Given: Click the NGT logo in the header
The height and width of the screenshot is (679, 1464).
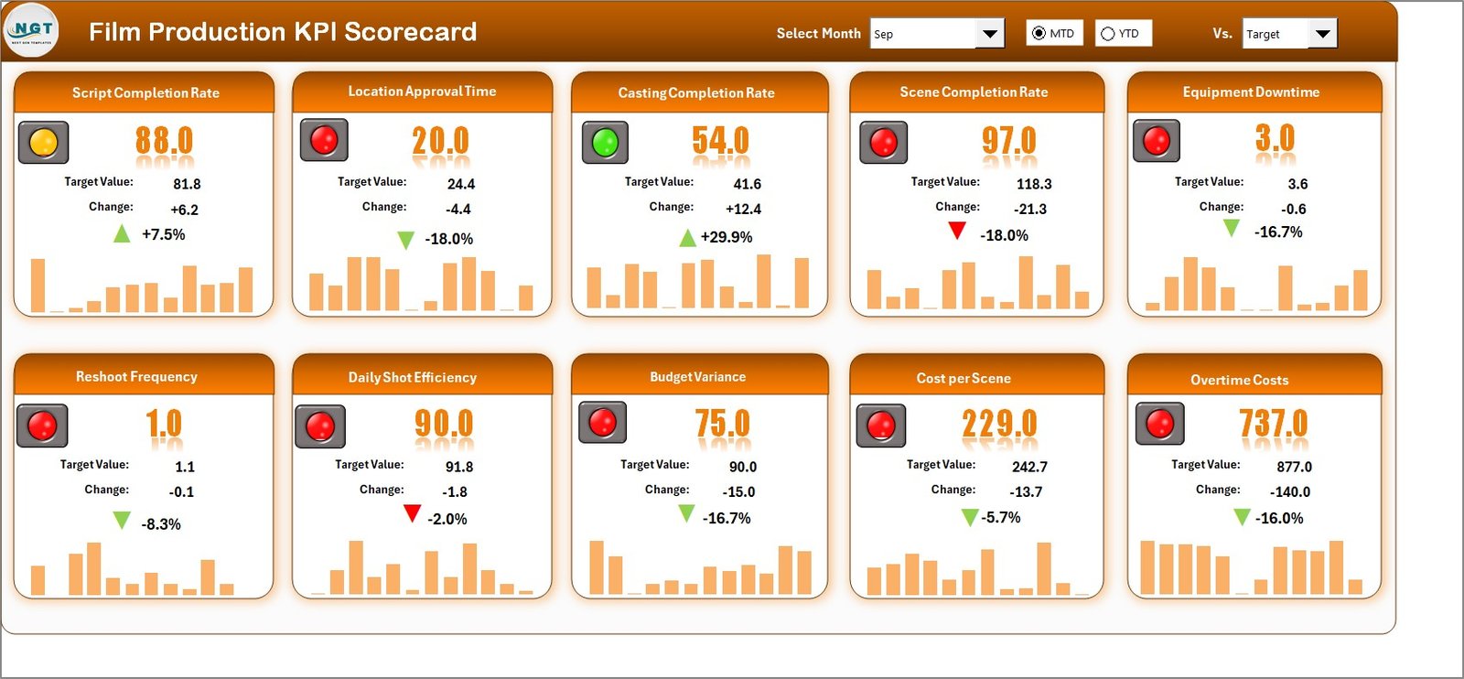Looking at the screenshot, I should click(x=31, y=30).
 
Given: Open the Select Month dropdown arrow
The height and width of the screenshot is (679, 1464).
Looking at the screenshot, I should click(x=989, y=34).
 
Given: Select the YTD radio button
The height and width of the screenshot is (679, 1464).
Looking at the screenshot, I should click(x=1108, y=34).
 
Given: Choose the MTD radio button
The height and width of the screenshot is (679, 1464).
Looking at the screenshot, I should click(x=1039, y=34).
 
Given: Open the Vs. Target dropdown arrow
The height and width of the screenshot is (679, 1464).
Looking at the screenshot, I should click(x=1322, y=34).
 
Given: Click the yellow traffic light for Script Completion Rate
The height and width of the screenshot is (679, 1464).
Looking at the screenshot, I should click(x=43, y=143).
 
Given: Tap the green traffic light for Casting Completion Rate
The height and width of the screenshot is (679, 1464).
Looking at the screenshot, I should click(x=605, y=143).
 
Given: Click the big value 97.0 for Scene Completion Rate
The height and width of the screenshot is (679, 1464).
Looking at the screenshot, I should click(x=1008, y=141).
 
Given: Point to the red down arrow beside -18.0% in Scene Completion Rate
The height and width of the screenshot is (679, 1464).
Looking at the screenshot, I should click(x=957, y=231).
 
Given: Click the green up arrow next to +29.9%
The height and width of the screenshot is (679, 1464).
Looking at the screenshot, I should click(x=687, y=239).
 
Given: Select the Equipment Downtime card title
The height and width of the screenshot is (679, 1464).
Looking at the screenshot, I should click(x=1251, y=92).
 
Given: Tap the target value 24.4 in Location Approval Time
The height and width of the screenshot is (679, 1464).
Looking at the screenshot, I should click(x=460, y=184).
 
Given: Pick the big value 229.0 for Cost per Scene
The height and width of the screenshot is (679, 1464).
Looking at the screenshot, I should click(x=999, y=424).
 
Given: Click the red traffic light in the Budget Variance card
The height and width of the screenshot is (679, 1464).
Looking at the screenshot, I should click(x=602, y=422).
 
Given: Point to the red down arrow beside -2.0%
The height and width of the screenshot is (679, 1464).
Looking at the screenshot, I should click(x=412, y=513).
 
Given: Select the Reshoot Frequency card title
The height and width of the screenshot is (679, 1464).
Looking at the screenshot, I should click(x=136, y=377).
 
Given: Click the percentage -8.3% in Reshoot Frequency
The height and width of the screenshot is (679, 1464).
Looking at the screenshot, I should click(x=161, y=524).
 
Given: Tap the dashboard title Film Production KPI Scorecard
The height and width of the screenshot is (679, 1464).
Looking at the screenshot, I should click(x=283, y=32).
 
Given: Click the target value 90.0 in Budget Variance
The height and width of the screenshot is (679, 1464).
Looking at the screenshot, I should click(x=742, y=467).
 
